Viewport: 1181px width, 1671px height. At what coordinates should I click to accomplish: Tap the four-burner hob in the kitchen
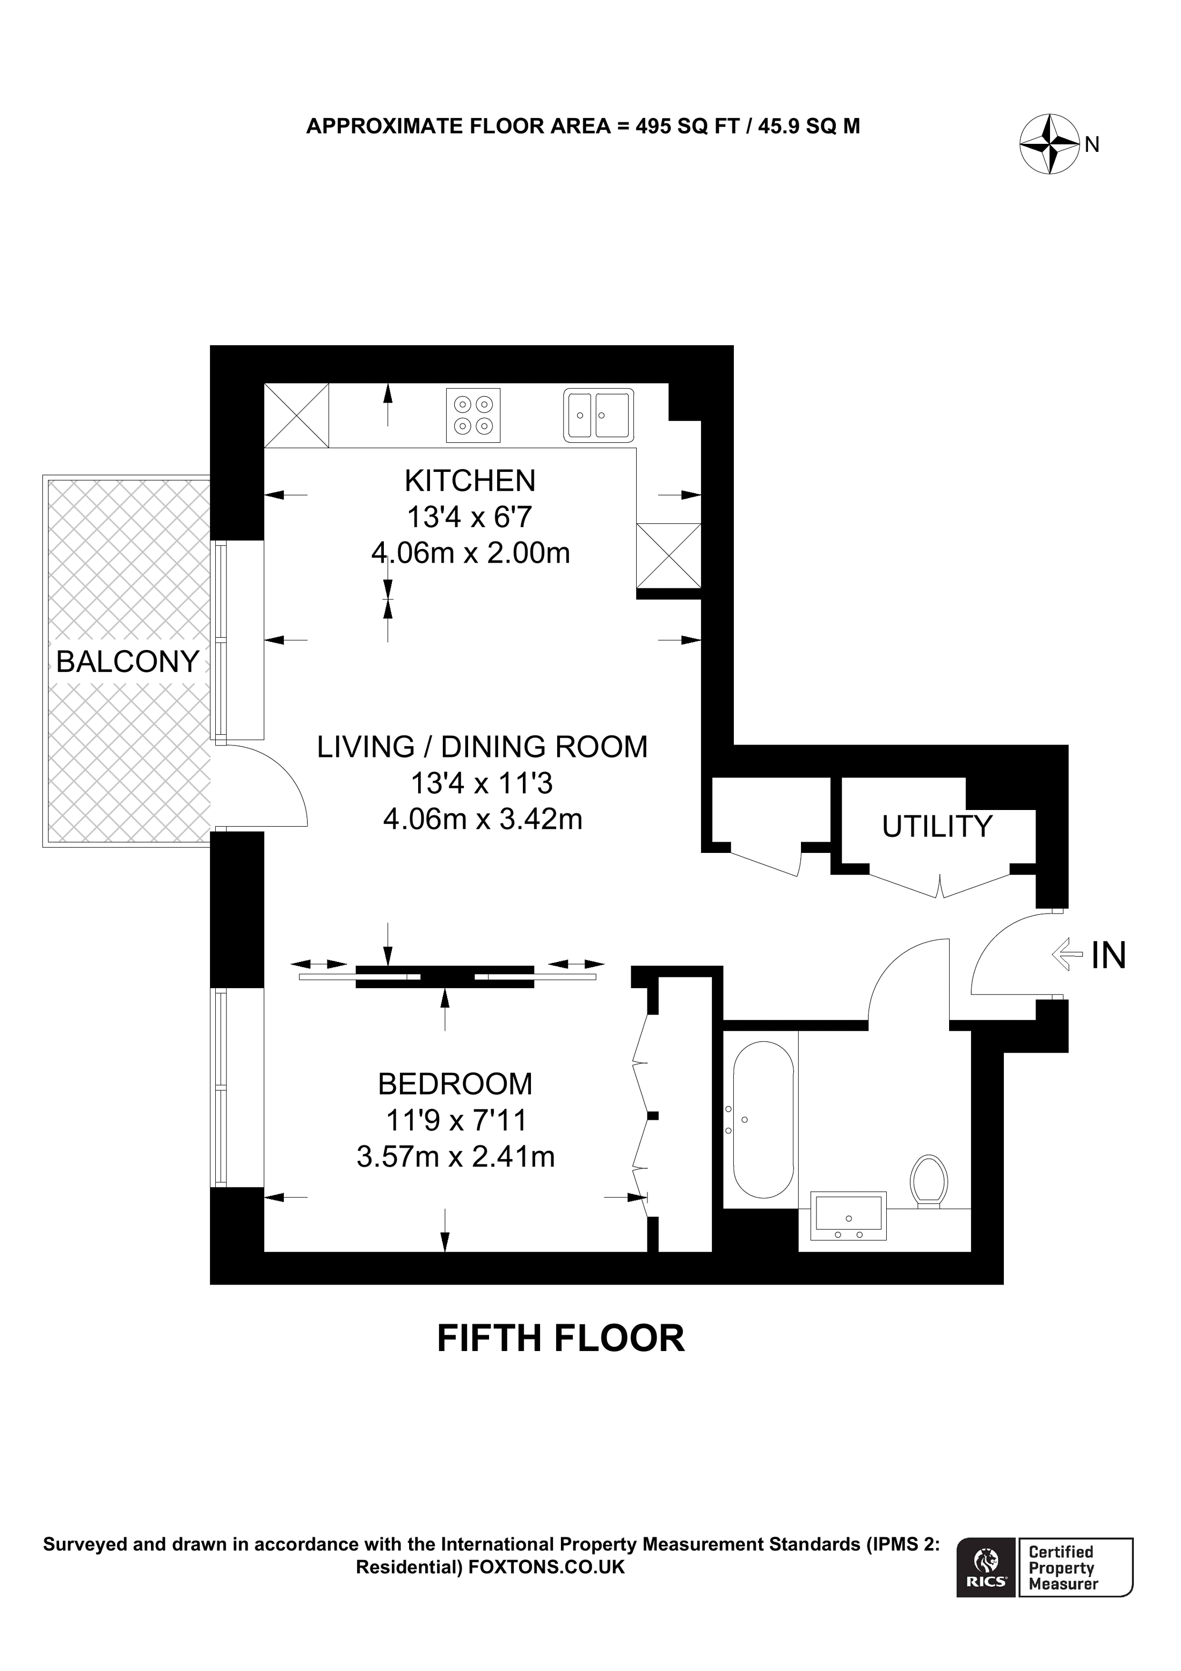[x=473, y=415]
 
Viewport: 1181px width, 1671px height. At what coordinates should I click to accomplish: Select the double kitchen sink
[x=598, y=415]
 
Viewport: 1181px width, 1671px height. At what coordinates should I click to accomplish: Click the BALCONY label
[x=127, y=661]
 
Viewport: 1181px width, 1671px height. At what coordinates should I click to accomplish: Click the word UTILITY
[x=937, y=826]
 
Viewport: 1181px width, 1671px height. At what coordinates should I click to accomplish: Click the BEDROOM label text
[x=455, y=1084]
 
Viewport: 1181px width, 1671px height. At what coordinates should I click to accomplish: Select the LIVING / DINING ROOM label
[x=482, y=747]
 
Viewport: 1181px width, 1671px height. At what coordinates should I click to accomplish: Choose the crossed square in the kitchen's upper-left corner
[x=296, y=415]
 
